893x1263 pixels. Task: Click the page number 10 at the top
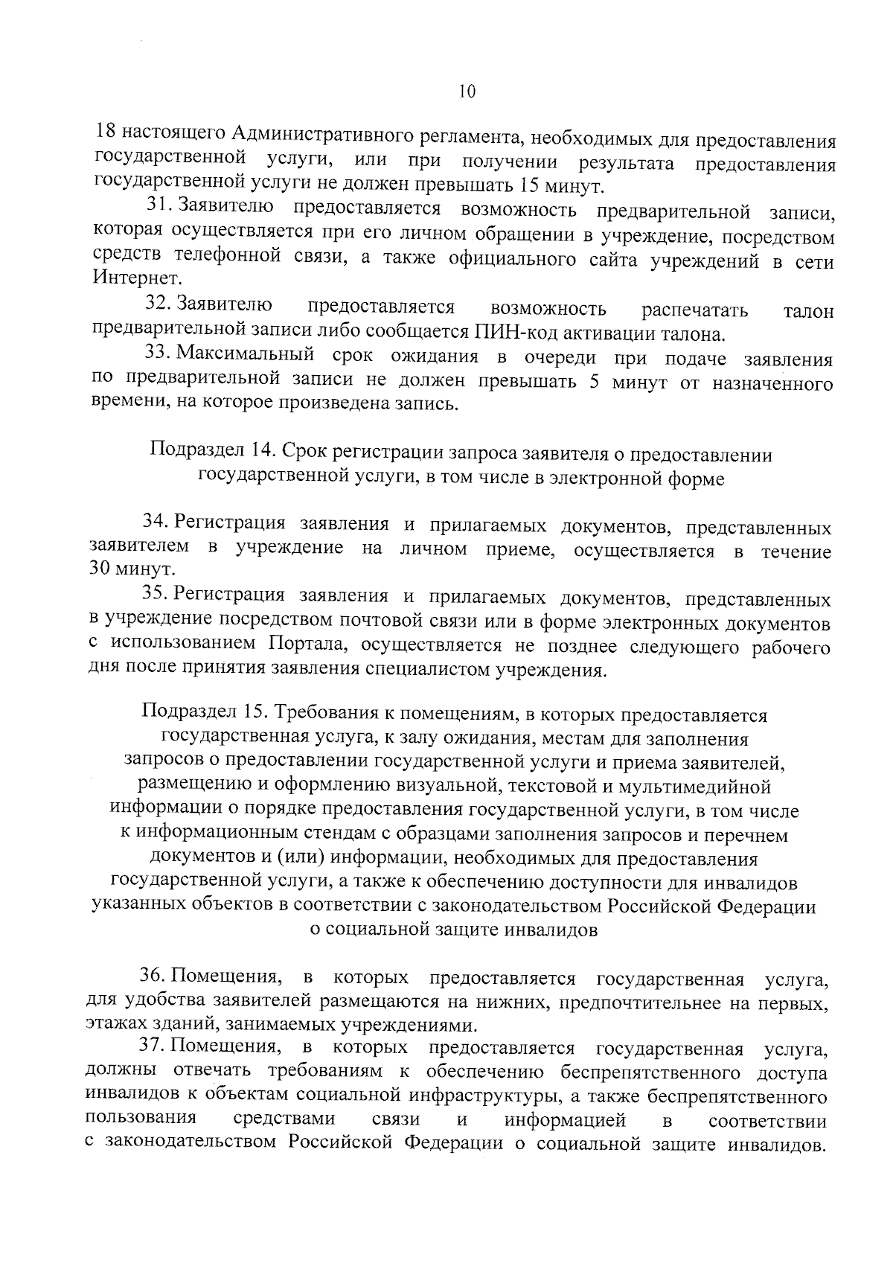click(x=467, y=92)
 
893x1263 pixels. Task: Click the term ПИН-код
click(x=508, y=332)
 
